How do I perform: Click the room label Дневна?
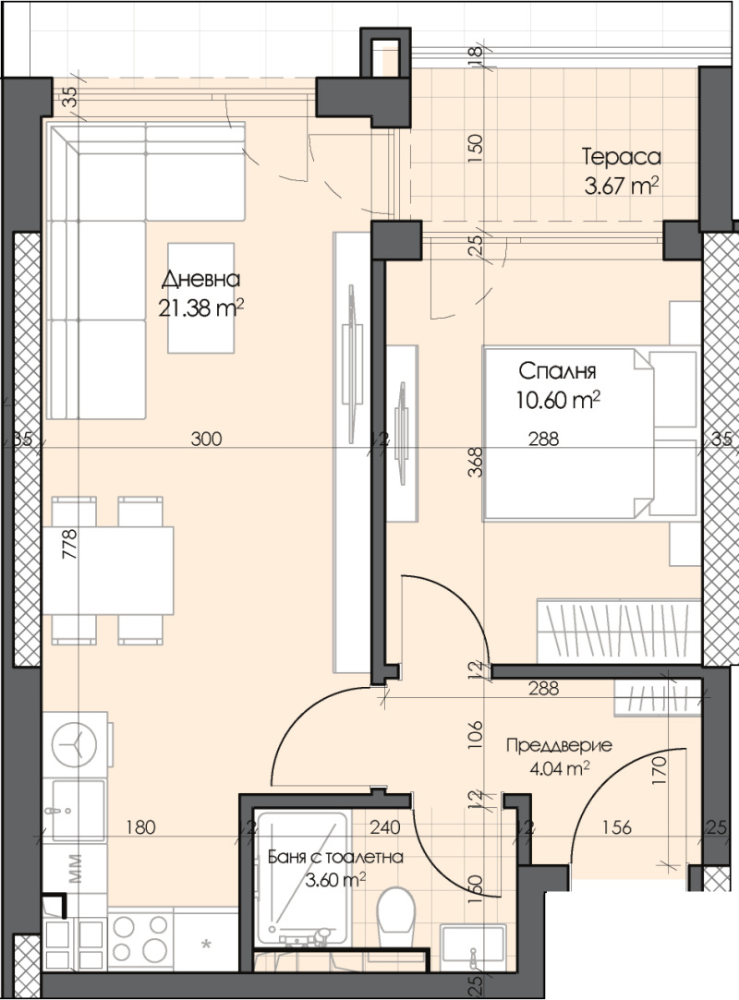pyautogui.click(x=200, y=280)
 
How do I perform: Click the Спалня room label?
pyautogui.click(x=557, y=372)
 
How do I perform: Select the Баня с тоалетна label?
pyautogui.click(x=334, y=857)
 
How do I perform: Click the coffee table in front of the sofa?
pyautogui.click(x=200, y=297)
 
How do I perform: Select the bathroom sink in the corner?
pyautogui.click(x=472, y=944)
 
